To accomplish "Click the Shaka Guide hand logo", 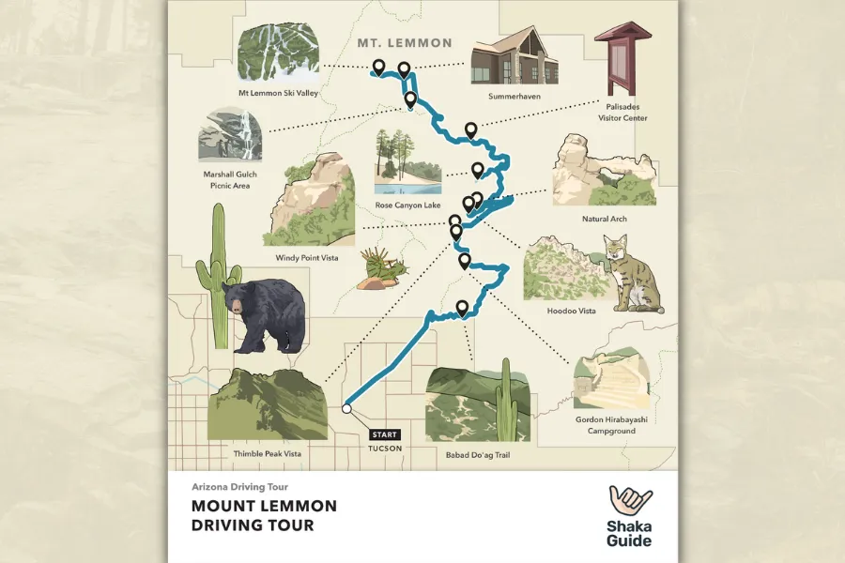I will [x=630, y=501].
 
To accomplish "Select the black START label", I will [x=385, y=434].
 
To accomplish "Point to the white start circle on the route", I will [x=346, y=409].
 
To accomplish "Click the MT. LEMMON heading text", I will [x=405, y=43].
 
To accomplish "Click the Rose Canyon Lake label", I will [x=407, y=205].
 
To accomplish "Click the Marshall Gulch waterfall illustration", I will [x=230, y=135].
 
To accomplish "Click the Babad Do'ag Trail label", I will [x=478, y=454].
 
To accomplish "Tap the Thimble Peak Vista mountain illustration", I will [x=266, y=405].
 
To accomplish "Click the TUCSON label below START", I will [x=385, y=449].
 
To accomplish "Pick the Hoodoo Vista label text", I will [x=571, y=311].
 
